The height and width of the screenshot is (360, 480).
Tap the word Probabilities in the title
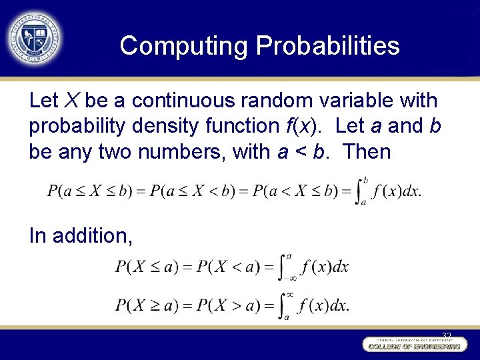327,46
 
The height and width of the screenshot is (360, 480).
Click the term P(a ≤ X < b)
193,191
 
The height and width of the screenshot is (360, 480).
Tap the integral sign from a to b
359,191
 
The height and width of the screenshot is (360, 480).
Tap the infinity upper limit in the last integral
290,294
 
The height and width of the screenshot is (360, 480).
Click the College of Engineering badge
413,345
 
